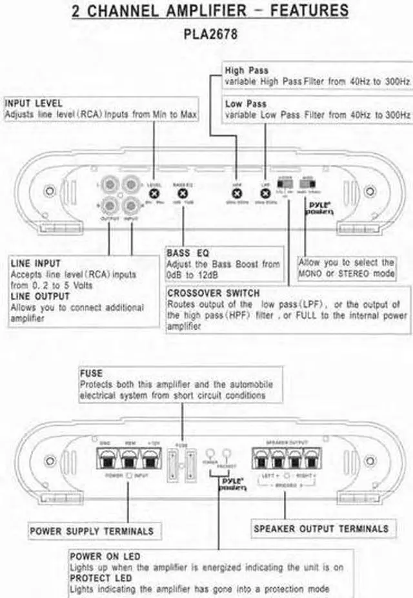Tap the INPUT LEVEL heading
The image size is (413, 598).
pyautogui.click(x=34, y=103)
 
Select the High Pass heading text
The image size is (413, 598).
pyautogui.click(x=247, y=70)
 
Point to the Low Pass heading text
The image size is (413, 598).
pyautogui.click(x=245, y=103)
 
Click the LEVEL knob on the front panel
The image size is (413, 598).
pyautogui.click(x=154, y=191)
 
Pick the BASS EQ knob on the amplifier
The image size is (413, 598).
pyautogui.click(x=183, y=192)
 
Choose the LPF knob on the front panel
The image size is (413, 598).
pyautogui.click(x=265, y=191)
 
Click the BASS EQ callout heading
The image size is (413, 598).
pyautogui.click(x=187, y=253)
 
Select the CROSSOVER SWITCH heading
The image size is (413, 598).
pyautogui.click(x=213, y=293)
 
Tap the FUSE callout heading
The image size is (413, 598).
pyautogui.click(x=91, y=373)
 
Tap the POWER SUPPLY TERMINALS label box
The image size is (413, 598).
pyautogui.click(x=92, y=531)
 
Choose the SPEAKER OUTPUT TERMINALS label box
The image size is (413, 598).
pyautogui.click(x=321, y=528)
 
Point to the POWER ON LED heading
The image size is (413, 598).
pyautogui.click(x=105, y=556)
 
